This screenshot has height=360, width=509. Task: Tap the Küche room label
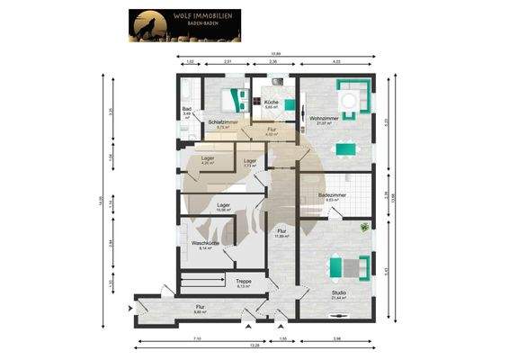(x=272, y=103)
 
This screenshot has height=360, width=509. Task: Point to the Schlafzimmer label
(x=222, y=121)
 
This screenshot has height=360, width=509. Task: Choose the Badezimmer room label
(x=332, y=194)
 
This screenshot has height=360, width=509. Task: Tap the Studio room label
(x=338, y=292)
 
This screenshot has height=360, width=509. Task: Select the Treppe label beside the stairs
(x=244, y=281)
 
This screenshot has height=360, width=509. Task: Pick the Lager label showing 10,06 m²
(x=223, y=205)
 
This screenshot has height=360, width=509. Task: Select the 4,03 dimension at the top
(x=335, y=60)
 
